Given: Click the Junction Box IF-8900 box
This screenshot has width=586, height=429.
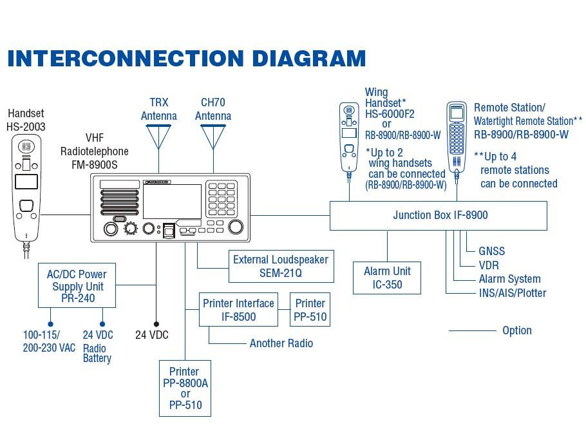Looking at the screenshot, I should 438,216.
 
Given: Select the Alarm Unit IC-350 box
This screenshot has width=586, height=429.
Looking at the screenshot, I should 387,278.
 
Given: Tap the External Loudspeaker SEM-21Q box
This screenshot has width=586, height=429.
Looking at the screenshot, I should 281,266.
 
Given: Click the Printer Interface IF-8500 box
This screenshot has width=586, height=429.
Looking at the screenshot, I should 238,310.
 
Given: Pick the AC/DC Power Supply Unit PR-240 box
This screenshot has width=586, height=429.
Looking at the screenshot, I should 77,285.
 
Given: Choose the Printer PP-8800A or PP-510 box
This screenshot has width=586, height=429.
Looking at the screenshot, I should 185,388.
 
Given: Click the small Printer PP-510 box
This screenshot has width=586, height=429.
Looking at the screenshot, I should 310,310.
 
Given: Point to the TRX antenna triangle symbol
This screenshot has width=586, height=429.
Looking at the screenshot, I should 159,135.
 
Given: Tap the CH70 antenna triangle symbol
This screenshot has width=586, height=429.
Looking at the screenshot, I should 213,135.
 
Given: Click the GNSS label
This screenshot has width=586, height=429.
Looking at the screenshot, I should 491,251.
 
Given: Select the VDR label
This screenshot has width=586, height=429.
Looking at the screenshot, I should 488,265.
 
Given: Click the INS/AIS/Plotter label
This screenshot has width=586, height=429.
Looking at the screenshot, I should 513,293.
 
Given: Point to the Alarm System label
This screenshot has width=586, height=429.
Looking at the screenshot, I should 509,279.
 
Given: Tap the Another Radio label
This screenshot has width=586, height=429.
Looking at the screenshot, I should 281,343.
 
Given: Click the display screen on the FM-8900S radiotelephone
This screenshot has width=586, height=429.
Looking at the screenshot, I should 172,202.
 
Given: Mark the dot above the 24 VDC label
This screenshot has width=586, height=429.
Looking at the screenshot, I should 155,324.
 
